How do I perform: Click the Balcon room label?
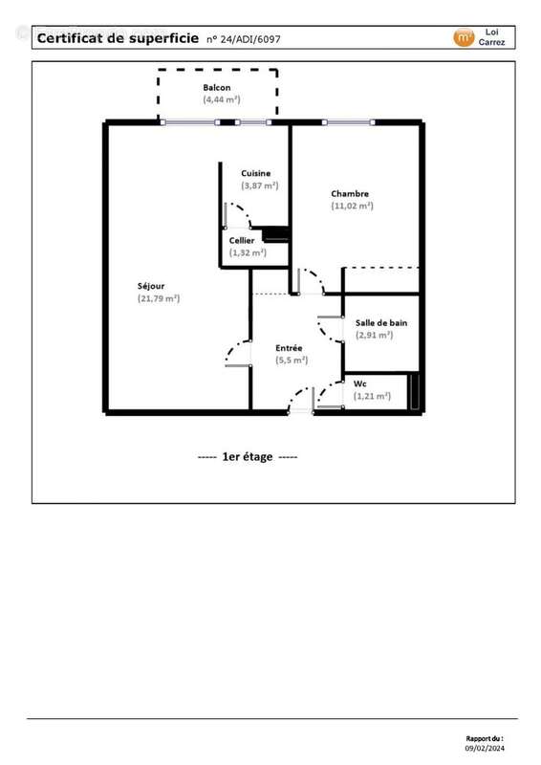216,87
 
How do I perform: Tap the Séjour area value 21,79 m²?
159,298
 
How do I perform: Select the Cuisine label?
255,173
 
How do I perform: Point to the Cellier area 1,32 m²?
248,252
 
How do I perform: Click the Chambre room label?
350,193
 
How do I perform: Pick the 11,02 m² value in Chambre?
352,206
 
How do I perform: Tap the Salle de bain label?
381,323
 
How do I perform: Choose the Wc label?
360,383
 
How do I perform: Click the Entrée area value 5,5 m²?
292,360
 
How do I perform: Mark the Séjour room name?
152,286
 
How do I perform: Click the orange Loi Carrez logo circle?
464,37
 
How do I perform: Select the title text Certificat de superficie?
118,38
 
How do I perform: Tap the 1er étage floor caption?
248,457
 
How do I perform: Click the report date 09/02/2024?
485,749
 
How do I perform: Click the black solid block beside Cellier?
275,232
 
